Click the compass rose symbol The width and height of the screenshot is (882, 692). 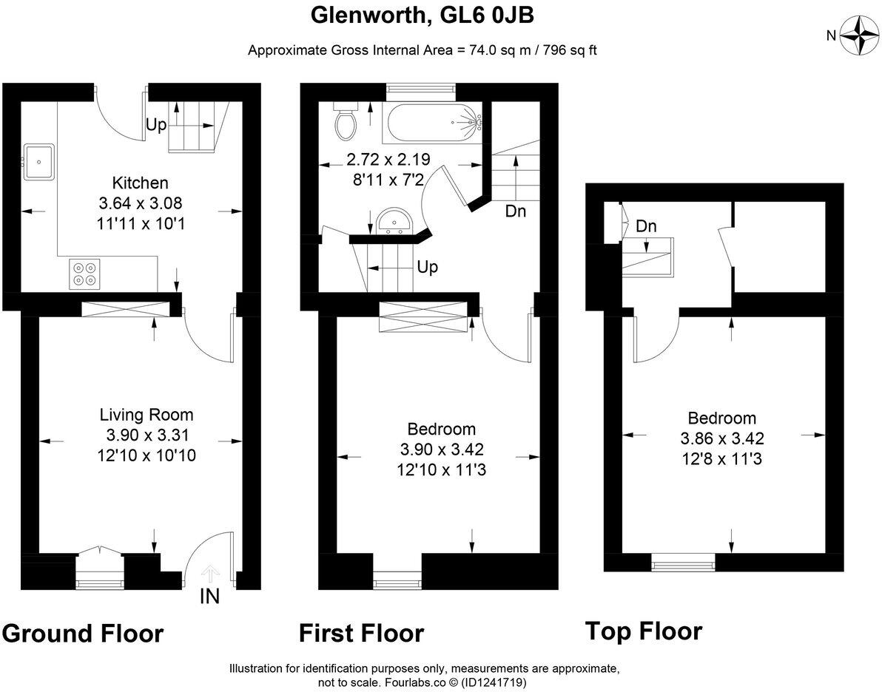[x=860, y=35]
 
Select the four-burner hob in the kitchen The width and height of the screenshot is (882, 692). [x=84, y=274]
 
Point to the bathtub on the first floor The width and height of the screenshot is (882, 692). [x=432, y=124]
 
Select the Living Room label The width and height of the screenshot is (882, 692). [x=147, y=415]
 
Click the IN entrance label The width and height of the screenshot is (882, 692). [x=209, y=597]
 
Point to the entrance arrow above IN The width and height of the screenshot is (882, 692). [x=210, y=573]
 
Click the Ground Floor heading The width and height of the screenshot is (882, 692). [x=82, y=634]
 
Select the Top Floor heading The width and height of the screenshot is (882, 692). [x=643, y=631]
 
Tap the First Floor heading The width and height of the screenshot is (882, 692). [x=361, y=634]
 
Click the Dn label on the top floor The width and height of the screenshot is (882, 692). [x=646, y=226]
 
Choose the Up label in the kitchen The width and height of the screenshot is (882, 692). [x=155, y=125]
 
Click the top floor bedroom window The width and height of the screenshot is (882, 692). [x=683, y=566]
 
